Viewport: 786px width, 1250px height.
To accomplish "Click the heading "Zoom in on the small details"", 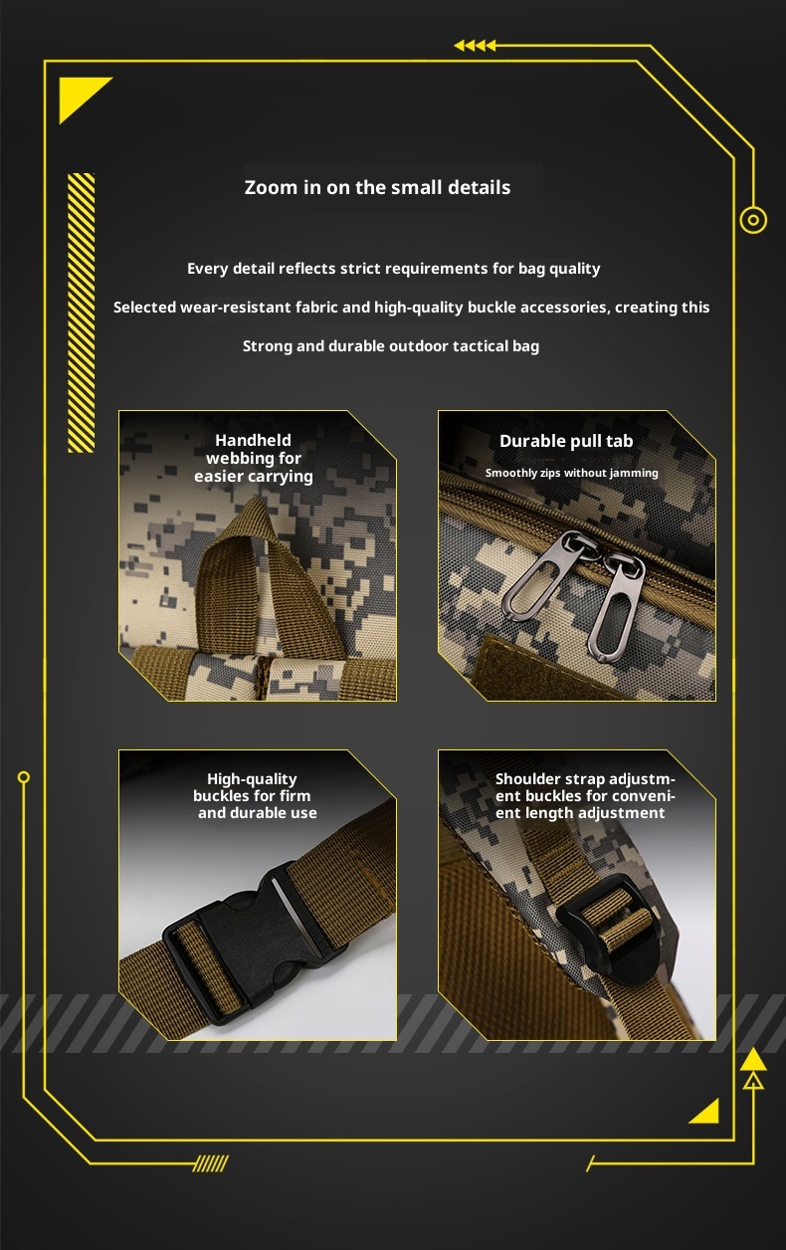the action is click(x=377, y=187).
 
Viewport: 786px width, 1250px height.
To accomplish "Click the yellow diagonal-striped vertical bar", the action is click(x=82, y=312).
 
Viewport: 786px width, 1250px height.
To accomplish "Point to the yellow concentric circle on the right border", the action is click(x=753, y=220).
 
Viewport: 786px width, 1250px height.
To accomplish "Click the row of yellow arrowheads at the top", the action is click(x=475, y=45).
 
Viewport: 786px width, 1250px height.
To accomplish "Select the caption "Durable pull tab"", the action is click(x=566, y=441).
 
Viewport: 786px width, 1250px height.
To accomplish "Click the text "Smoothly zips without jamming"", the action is click(x=572, y=473).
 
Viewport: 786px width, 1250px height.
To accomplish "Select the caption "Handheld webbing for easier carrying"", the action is click(x=254, y=458).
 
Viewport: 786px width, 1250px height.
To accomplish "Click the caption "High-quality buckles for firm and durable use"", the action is click(x=255, y=795).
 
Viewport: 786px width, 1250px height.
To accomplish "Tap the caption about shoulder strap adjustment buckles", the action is click(x=585, y=795).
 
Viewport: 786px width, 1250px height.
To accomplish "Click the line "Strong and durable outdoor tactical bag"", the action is click(x=391, y=346).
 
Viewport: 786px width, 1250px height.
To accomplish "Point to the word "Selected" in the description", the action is click(x=144, y=307).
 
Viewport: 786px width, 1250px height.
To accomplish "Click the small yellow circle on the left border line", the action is click(x=24, y=777).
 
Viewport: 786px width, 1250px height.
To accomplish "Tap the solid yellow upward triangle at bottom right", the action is click(x=753, y=1060).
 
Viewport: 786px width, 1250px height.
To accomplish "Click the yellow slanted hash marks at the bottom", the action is click(x=211, y=1163).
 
